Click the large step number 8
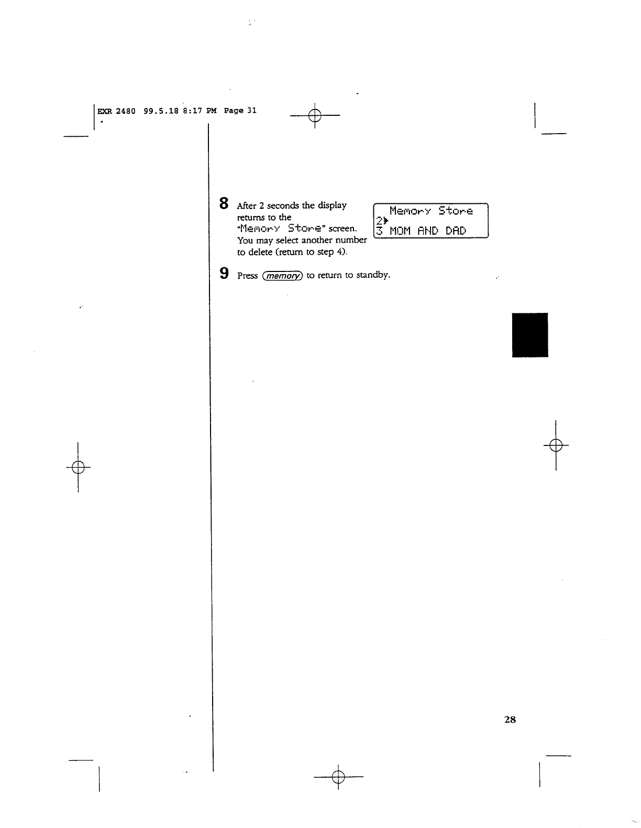pyautogui.click(x=224, y=203)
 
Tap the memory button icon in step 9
pyautogui.click(x=282, y=276)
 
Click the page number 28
pyautogui.click(x=510, y=720)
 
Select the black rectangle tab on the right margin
pyautogui.click(x=529, y=335)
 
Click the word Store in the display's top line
pyautogui.click(x=456, y=211)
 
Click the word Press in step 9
pyautogui.click(x=247, y=276)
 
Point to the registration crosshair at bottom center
pyautogui.click(x=338, y=776)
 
